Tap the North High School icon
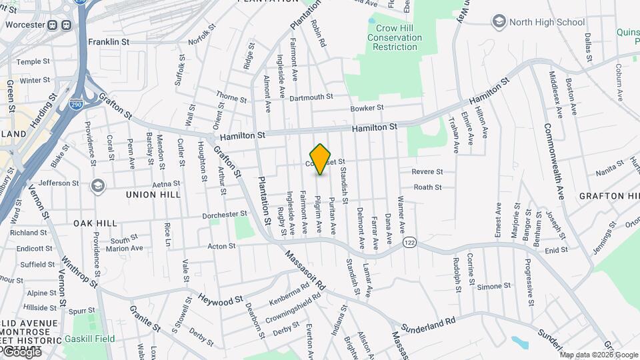[x=499, y=22]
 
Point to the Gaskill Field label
[x=89, y=339]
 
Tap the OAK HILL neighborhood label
[x=95, y=223]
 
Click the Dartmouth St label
[x=311, y=97]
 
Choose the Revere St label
[x=427, y=172]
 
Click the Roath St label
[x=427, y=187]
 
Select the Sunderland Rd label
[x=432, y=321]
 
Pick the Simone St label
[x=493, y=286]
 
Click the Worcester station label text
[x=24, y=25]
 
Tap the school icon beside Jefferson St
[x=99, y=185]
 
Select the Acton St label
[x=221, y=247]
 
